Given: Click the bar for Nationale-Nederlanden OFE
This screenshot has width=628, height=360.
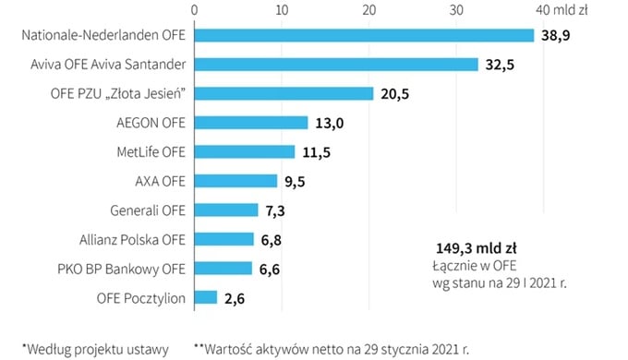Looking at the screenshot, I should click(364, 35).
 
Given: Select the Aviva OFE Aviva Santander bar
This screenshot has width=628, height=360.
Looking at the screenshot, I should click(335, 65).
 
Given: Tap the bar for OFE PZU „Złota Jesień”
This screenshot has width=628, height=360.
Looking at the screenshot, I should click(284, 93).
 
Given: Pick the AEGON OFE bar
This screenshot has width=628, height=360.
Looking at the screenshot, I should click(250, 123).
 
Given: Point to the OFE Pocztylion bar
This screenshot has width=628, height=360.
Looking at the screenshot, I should click(205, 297).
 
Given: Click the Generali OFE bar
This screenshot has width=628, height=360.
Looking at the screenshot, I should click(225, 210).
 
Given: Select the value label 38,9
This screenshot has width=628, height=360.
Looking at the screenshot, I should click(557, 35).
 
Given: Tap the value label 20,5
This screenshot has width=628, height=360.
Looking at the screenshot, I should click(395, 93).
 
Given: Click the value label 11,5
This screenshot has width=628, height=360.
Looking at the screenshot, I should click(317, 151).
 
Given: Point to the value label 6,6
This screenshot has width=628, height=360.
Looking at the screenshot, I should click(273, 268).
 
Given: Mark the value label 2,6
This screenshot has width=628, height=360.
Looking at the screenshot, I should click(238, 297).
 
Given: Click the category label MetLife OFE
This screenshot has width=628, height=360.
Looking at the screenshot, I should click(145, 151).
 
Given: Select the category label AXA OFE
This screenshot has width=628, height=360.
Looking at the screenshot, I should click(160, 181).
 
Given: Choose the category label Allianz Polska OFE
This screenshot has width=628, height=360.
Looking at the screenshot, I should click(133, 239).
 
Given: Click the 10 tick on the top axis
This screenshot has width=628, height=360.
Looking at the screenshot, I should click(281, 10).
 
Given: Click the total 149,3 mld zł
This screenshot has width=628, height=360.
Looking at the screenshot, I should click(477, 248).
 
